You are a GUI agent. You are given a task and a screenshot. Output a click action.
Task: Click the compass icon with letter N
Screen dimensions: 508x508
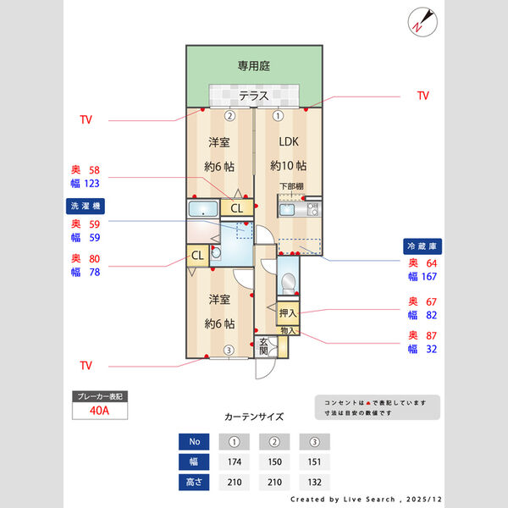[x=422, y=21]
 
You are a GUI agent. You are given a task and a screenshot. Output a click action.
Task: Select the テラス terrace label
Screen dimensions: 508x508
[x=253, y=96]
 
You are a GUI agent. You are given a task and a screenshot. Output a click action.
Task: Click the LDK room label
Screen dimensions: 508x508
[x=288, y=142]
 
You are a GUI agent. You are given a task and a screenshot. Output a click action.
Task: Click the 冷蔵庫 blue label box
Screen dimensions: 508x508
[x=422, y=246]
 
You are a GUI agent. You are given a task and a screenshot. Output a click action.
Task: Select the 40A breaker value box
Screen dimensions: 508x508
[x=99, y=411]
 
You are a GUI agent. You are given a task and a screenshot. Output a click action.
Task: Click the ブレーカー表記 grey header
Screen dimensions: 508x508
[x=99, y=395]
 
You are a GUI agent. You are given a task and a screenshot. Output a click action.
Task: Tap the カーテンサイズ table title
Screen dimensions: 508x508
[x=254, y=417]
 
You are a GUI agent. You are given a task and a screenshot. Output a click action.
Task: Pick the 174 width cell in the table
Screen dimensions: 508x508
[x=235, y=462]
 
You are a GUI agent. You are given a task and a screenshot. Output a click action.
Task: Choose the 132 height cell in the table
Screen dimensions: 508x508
[x=314, y=483]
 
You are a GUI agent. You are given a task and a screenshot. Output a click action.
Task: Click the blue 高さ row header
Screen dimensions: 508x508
[x=194, y=483]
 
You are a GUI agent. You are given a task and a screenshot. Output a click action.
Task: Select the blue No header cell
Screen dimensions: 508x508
[x=194, y=441]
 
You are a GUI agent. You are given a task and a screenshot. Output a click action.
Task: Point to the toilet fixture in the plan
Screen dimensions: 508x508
[x=289, y=283]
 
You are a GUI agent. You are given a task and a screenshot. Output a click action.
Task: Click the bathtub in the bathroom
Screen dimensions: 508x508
[x=203, y=209]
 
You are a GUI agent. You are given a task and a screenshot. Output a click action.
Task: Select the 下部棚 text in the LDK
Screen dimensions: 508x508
[x=291, y=186]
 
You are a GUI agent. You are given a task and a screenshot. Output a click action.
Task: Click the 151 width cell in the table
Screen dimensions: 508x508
[x=314, y=462]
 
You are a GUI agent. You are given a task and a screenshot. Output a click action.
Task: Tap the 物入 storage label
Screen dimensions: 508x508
[x=288, y=330]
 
